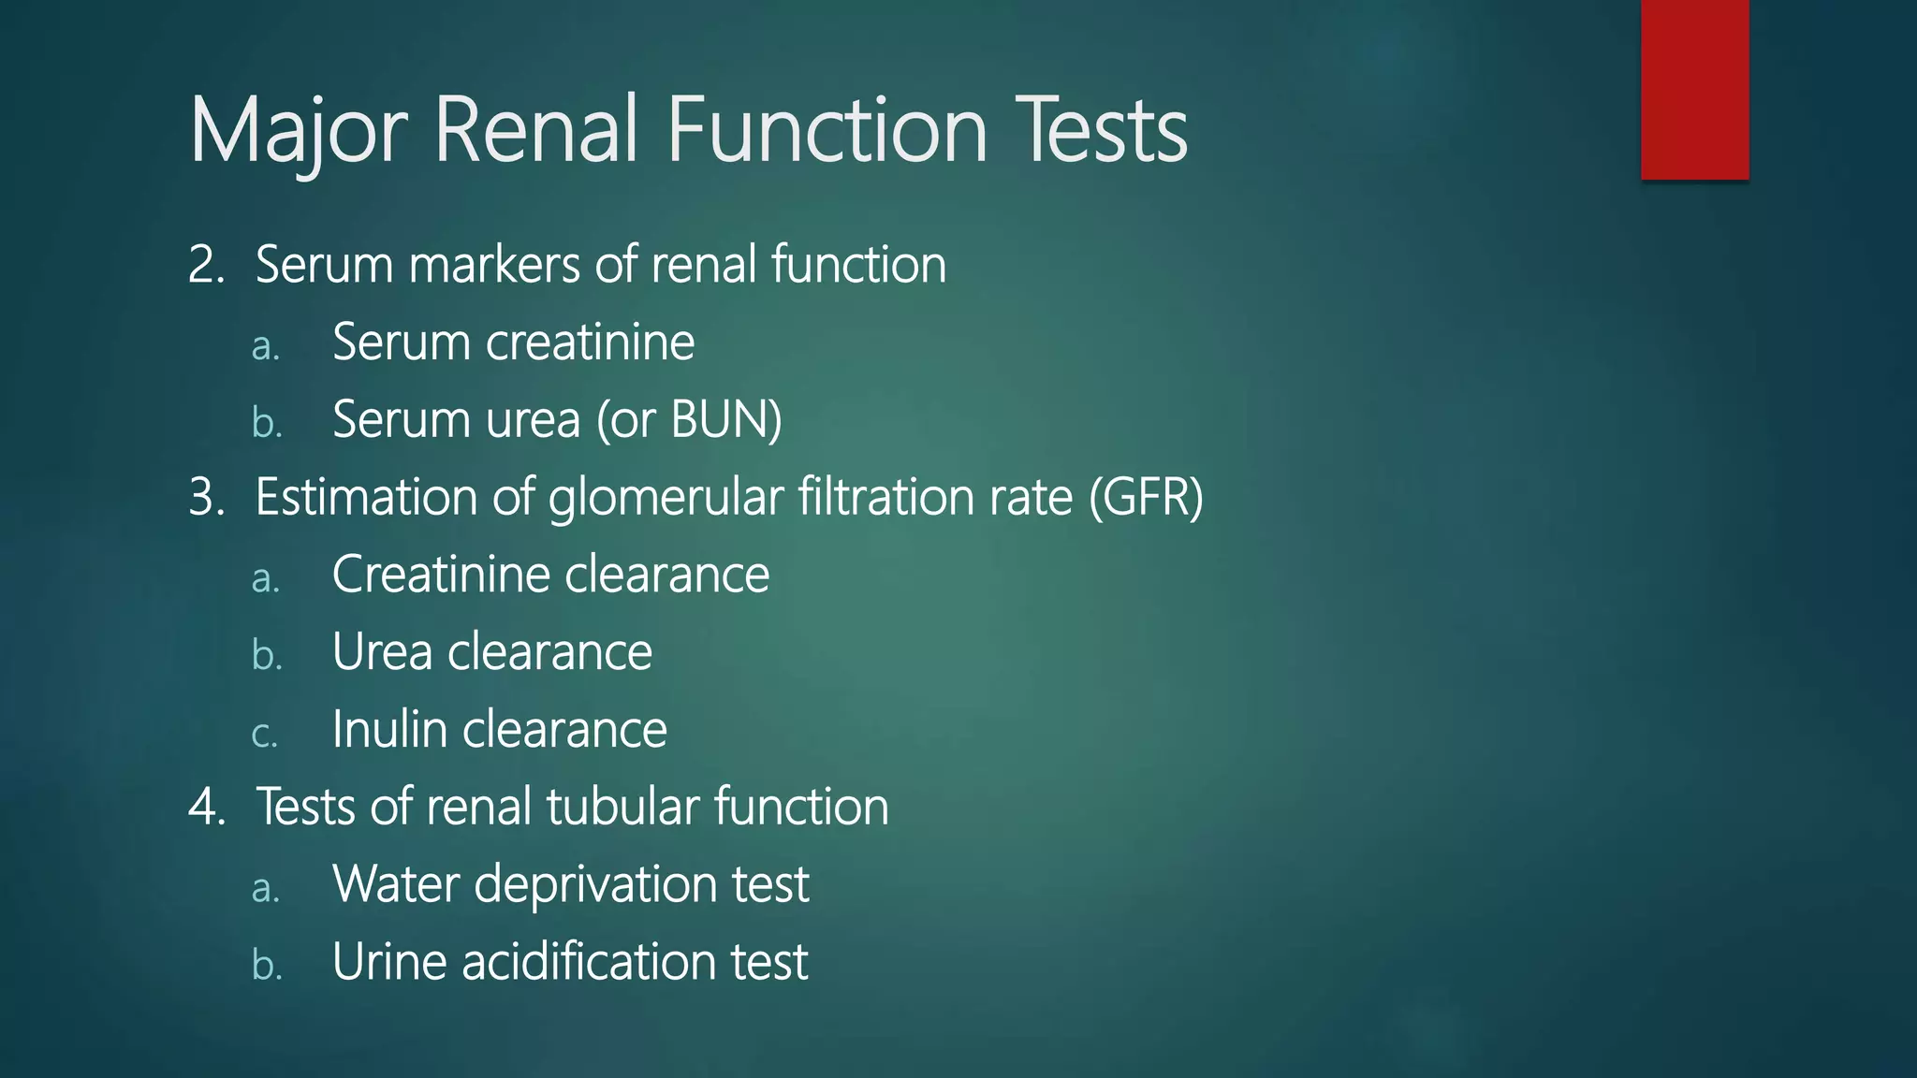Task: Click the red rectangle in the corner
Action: pos(1694,89)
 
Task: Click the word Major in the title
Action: pos(298,130)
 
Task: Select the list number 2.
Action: pos(206,265)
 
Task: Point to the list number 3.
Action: pos(206,497)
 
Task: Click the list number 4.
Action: pos(206,807)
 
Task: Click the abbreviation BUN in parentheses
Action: pos(725,420)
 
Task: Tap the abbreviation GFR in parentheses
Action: pos(1146,497)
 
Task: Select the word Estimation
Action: pos(366,497)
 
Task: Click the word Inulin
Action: pos(389,730)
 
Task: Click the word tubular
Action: pos(622,807)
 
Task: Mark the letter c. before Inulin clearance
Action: pos(265,734)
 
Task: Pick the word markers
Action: pos(494,265)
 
